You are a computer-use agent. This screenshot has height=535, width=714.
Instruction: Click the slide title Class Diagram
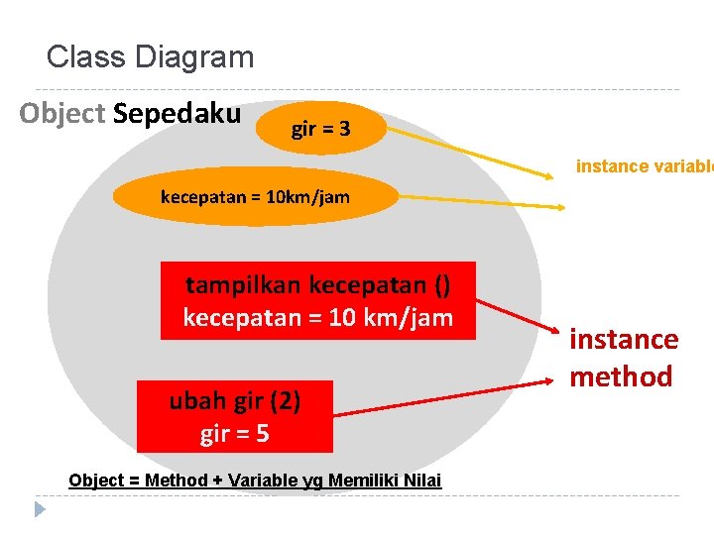click(150, 56)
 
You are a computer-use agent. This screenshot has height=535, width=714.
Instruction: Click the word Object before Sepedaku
click(61, 114)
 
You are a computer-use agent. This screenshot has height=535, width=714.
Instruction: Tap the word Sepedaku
click(177, 114)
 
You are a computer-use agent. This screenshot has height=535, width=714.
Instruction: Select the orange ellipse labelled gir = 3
click(320, 129)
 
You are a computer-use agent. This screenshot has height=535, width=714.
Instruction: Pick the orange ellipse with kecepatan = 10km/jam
click(255, 196)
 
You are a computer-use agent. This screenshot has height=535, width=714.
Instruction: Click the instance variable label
click(644, 166)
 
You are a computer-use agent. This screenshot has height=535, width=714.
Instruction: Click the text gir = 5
click(235, 434)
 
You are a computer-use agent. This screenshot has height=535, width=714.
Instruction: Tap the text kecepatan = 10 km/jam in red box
click(317, 318)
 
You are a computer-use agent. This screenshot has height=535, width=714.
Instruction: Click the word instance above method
click(624, 340)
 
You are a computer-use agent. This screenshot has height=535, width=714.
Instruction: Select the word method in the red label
click(621, 376)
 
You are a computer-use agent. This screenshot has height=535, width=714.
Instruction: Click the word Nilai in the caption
click(421, 481)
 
